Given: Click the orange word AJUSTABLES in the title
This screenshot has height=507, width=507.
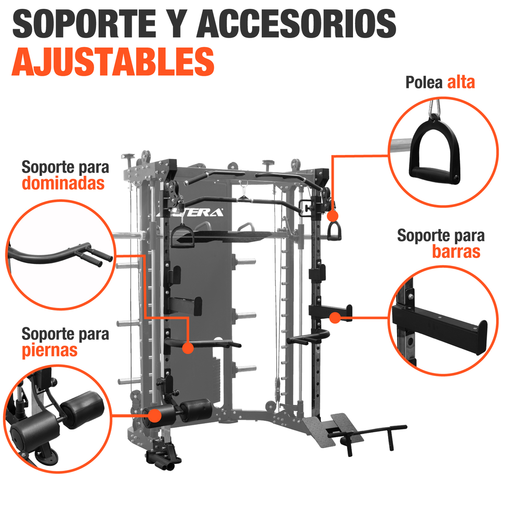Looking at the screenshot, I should pos(113,61).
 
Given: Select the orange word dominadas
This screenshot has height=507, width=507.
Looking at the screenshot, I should pos(63,184).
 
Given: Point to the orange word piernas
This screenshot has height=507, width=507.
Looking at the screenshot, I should pos(50,350).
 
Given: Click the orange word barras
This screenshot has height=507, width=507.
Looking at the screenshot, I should pos(456,252).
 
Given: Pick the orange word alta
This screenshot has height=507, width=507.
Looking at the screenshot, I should pos(461,82).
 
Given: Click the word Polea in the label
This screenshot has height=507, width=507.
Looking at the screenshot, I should pos(424,82).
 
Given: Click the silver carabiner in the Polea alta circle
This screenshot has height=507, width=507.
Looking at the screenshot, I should pos(435,106).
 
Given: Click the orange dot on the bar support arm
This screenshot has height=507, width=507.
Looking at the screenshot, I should pos(335,317).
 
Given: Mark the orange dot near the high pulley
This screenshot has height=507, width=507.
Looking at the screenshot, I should pos(332,216).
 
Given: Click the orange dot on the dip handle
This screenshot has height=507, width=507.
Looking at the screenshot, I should pos(188,348).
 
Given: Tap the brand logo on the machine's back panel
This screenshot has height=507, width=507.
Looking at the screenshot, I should pos(201,213).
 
